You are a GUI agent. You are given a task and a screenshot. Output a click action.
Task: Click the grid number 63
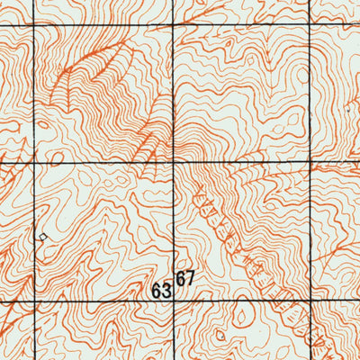(x=162, y=292)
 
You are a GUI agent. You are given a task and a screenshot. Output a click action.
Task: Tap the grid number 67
(x=185, y=279)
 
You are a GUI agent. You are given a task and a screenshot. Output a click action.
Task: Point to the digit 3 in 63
(x=166, y=292)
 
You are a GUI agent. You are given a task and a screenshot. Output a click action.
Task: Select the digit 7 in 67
(x=190, y=279)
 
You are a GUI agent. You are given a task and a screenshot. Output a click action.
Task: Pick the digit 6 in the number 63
(x=157, y=292)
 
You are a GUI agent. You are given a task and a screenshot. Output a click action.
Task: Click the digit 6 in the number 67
(x=181, y=279)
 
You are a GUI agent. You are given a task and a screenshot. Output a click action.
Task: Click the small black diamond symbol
(x=41, y=237)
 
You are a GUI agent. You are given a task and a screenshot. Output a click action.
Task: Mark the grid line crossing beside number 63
(x=173, y=300)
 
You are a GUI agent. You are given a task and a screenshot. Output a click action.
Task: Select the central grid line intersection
(x=173, y=163)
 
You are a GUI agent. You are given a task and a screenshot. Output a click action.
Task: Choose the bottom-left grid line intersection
(x=34, y=301)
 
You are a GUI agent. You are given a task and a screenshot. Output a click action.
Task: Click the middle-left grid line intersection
(x=34, y=164)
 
